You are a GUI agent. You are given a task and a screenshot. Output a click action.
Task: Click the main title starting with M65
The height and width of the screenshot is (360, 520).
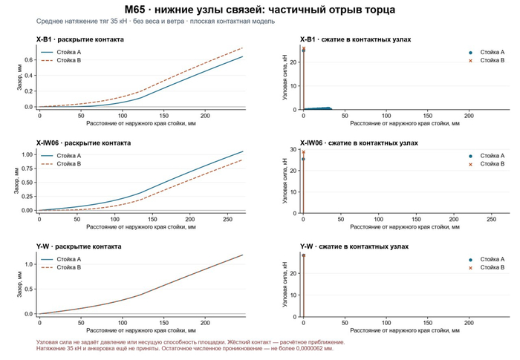pos(260,10)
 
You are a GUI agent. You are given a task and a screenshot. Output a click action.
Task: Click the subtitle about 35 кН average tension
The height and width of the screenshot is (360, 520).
pos(155,22)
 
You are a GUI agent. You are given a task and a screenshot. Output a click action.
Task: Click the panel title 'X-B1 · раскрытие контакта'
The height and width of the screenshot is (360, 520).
pos(80,39)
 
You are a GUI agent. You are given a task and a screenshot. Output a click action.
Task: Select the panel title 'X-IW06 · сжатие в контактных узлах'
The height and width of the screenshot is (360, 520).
pos(359,143)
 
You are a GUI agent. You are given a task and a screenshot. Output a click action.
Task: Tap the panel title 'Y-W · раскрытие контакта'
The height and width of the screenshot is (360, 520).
pos(79,246)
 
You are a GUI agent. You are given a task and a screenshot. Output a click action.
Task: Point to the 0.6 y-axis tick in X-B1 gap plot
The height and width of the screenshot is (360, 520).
pos(28,59)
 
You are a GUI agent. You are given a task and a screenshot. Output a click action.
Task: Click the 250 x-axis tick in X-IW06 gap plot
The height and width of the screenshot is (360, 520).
pos(228,220)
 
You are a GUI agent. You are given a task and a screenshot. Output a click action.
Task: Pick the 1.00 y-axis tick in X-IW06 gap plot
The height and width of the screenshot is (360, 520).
pos(27,154)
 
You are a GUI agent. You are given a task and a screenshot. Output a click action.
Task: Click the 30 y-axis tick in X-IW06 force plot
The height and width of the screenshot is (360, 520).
pos(293,149)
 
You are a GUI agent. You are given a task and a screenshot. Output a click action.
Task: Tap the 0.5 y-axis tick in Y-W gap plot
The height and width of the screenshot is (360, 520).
pos(28,289)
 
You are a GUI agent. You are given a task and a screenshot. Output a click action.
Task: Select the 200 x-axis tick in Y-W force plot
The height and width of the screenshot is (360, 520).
pos(469,323)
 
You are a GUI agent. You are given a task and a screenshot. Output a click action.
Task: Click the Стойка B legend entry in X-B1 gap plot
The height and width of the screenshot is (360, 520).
pos(61,60)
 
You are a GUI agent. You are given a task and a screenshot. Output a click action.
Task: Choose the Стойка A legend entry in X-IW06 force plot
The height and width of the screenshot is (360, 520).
pos(486,156)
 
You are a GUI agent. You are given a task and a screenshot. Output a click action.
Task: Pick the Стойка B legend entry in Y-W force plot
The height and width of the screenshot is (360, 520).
pos(486,267)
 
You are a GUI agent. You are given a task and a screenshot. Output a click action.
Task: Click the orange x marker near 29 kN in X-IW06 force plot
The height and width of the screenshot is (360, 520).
pos(303,152)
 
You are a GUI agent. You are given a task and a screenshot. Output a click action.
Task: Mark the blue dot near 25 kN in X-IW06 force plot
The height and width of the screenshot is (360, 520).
pos(303,159)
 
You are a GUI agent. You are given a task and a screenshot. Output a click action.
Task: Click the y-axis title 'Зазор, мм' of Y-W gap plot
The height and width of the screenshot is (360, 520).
pos(19,285)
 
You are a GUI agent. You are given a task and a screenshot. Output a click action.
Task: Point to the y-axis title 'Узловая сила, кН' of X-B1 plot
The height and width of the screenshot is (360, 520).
pos(285,78)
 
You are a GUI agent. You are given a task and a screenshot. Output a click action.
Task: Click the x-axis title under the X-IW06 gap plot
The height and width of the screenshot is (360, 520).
pos(141,227)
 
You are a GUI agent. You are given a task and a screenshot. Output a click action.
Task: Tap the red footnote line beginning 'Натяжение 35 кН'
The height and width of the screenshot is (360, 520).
pos(185,348)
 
